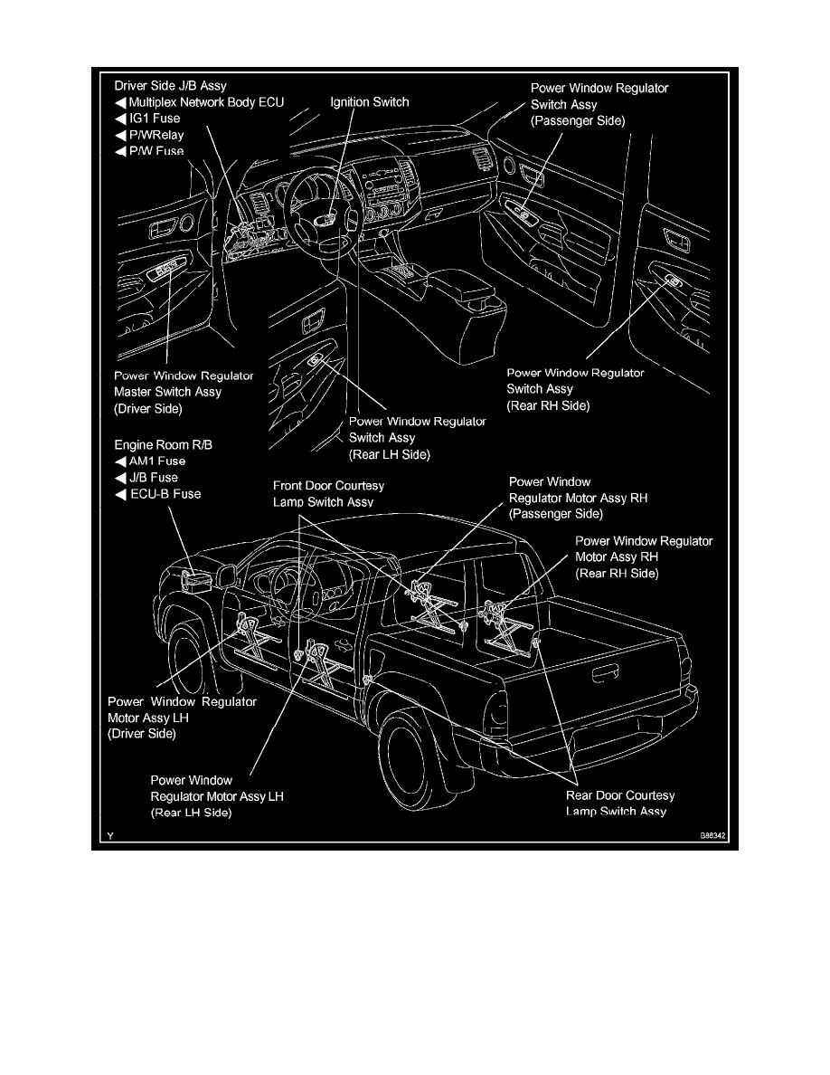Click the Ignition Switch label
(368, 102)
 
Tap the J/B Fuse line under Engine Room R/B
(148, 478)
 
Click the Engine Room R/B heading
(164, 445)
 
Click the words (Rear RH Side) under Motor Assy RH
(618, 574)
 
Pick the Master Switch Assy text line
(167, 392)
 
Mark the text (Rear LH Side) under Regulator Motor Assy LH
(191, 813)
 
